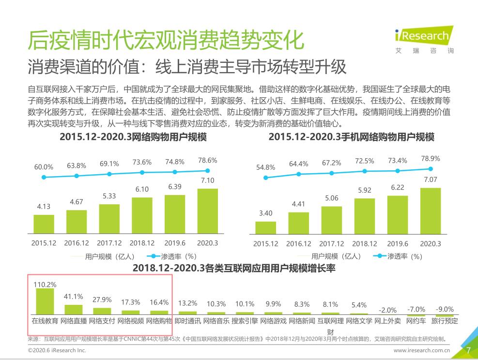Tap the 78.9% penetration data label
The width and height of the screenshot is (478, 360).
click(430, 159)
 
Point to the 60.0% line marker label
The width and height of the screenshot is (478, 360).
click(44, 167)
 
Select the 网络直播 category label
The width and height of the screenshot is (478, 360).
click(74, 320)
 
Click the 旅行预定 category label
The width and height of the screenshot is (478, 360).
click(444, 320)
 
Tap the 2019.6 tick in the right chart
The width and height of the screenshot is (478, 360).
click(397, 244)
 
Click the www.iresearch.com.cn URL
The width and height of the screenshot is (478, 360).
click(421, 350)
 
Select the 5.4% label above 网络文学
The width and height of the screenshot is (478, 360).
click(359, 305)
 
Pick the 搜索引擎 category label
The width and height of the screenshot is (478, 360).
click(245, 320)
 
